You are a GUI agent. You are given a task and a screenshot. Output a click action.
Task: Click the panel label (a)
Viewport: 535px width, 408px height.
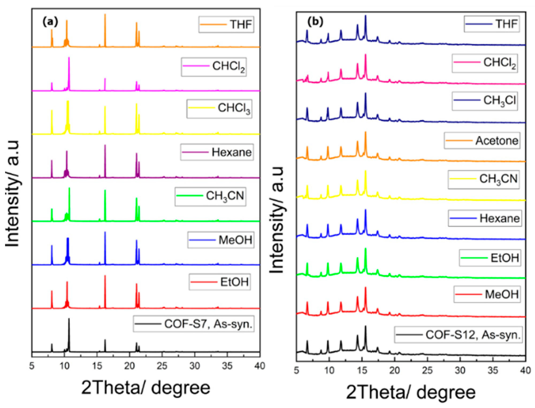pos(50,21)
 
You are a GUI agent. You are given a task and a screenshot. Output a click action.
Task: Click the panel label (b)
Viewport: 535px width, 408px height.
pos(315,21)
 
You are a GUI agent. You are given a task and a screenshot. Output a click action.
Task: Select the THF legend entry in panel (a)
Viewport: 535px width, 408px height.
pos(226,25)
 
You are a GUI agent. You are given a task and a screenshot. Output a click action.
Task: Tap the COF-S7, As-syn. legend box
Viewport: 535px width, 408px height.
pos(194,324)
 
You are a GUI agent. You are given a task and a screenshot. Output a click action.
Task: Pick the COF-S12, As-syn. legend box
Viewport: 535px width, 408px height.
pos(458,335)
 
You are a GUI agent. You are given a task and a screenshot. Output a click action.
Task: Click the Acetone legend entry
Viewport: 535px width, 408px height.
pos(482,140)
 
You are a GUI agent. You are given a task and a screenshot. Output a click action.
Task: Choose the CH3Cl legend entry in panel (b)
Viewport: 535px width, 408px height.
pos(485,101)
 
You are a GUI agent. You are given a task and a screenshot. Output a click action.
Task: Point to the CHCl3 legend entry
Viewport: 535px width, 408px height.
pos(219,108)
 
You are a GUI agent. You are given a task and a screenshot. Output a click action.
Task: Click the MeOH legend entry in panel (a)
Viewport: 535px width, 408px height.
pos(221,240)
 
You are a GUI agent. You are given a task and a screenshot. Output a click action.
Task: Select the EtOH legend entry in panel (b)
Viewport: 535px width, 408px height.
pos(490,258)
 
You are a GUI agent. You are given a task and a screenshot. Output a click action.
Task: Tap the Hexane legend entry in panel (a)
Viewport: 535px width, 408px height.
pos(217,152)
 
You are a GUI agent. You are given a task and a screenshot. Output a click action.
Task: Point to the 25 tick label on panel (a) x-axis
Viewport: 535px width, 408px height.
pos(162,366)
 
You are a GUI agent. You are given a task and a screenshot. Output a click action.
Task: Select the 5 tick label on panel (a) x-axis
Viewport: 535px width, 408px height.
pos(32,366)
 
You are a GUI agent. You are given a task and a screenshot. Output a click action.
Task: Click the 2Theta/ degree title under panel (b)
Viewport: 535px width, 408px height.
pos(411,392)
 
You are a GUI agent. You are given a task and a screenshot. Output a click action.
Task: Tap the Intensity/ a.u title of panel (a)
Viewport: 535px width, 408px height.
pos(12,193)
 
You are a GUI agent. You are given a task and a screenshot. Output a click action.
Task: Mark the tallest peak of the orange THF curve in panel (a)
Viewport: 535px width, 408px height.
pos(105,15)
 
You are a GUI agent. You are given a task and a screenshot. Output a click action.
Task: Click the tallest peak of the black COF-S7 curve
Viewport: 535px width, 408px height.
pos(69,319)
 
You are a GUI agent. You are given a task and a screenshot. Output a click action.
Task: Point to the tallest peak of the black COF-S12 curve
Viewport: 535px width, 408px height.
pos(365,327)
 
